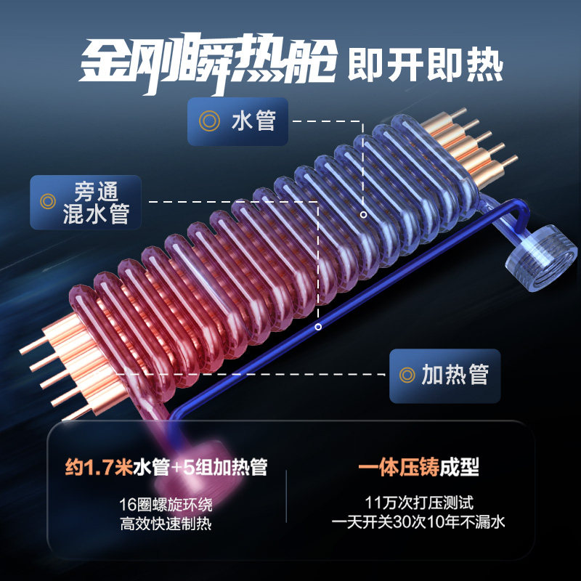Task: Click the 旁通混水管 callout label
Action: pos(85,201)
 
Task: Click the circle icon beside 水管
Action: pos(209,120)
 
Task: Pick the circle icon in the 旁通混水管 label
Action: pos(49,201)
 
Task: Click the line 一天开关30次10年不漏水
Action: pos(417,523)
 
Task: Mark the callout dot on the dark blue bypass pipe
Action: pos(318,327)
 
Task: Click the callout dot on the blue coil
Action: pos(363,215)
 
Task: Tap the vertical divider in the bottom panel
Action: pos(287,494)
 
